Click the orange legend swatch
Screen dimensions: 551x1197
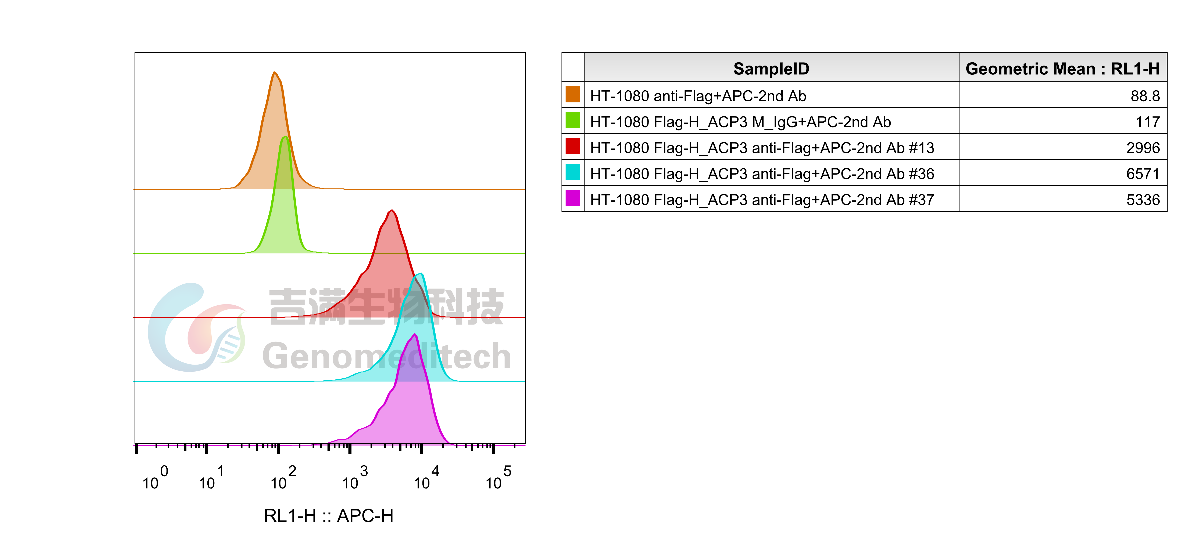pos(572,94)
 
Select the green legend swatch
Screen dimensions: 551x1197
pos(572,120)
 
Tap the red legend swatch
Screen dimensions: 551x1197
pos(572,146)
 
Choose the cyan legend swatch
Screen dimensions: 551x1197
pos(572,172)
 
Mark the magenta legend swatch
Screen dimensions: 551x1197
pos(572,198)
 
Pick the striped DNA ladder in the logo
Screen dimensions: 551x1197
pos(230,346)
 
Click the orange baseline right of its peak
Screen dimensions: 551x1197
pos(442,189)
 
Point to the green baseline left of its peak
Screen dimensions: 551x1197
pos(186,253)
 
